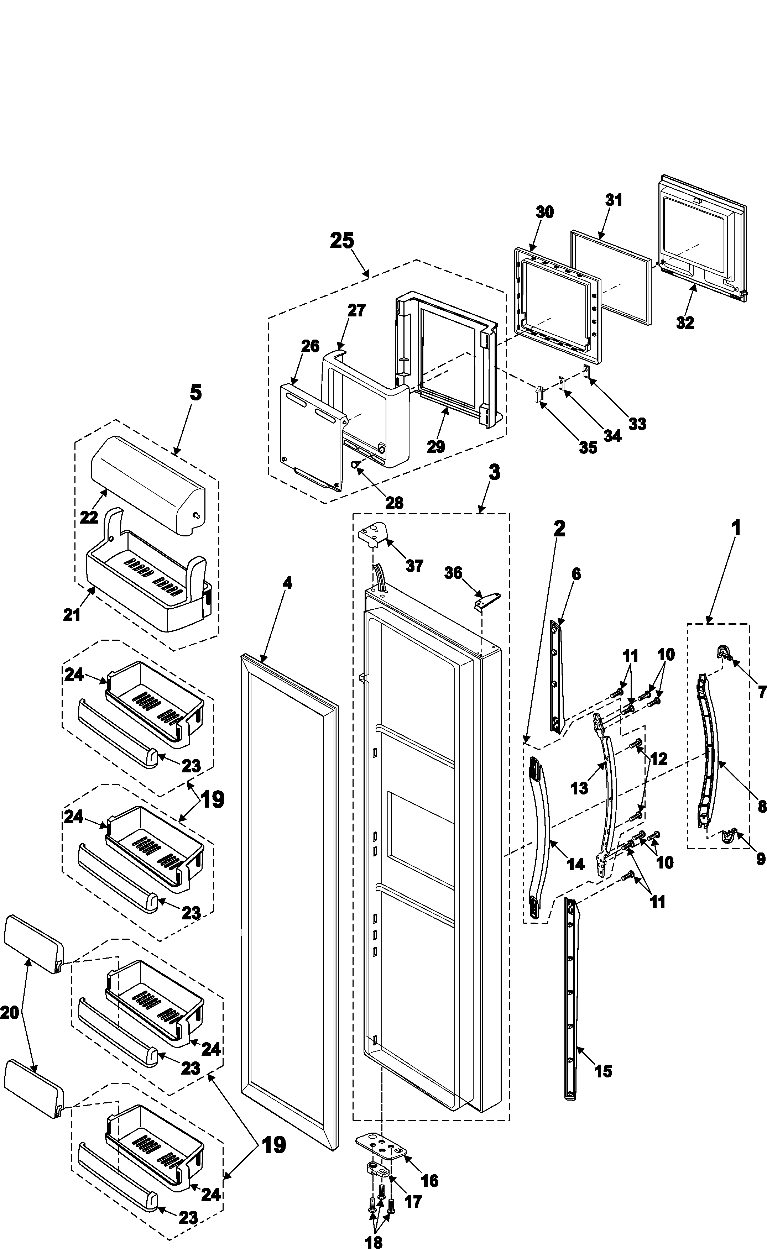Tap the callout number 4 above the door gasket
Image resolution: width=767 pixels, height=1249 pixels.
pos(287,583)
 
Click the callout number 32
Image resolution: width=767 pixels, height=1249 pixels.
pos(685,322)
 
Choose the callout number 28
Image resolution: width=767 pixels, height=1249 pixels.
pos(394,503)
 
